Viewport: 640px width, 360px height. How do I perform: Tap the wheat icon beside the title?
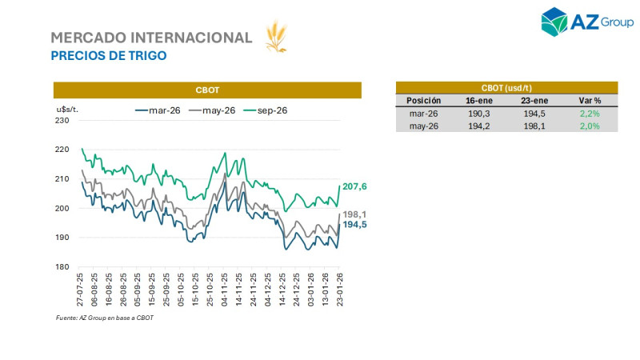pos(276,37)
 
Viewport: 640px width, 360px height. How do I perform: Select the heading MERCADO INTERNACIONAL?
pos(151,38)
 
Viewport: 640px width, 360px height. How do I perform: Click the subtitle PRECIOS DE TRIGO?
pos(109,56)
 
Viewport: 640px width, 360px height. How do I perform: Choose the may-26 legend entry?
pos(213,110)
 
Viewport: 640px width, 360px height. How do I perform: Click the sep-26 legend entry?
pos(266,110)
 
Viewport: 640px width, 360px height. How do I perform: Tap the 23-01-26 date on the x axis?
pos(341,289)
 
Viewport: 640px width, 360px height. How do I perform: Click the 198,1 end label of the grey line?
pos(354,214)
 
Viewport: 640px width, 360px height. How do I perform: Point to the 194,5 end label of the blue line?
pos(354,225)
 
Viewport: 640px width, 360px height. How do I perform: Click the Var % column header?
pos(590,101)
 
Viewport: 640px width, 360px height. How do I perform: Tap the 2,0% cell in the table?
pos(590,126)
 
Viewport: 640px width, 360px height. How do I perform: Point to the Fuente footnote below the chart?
pos(104,318)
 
